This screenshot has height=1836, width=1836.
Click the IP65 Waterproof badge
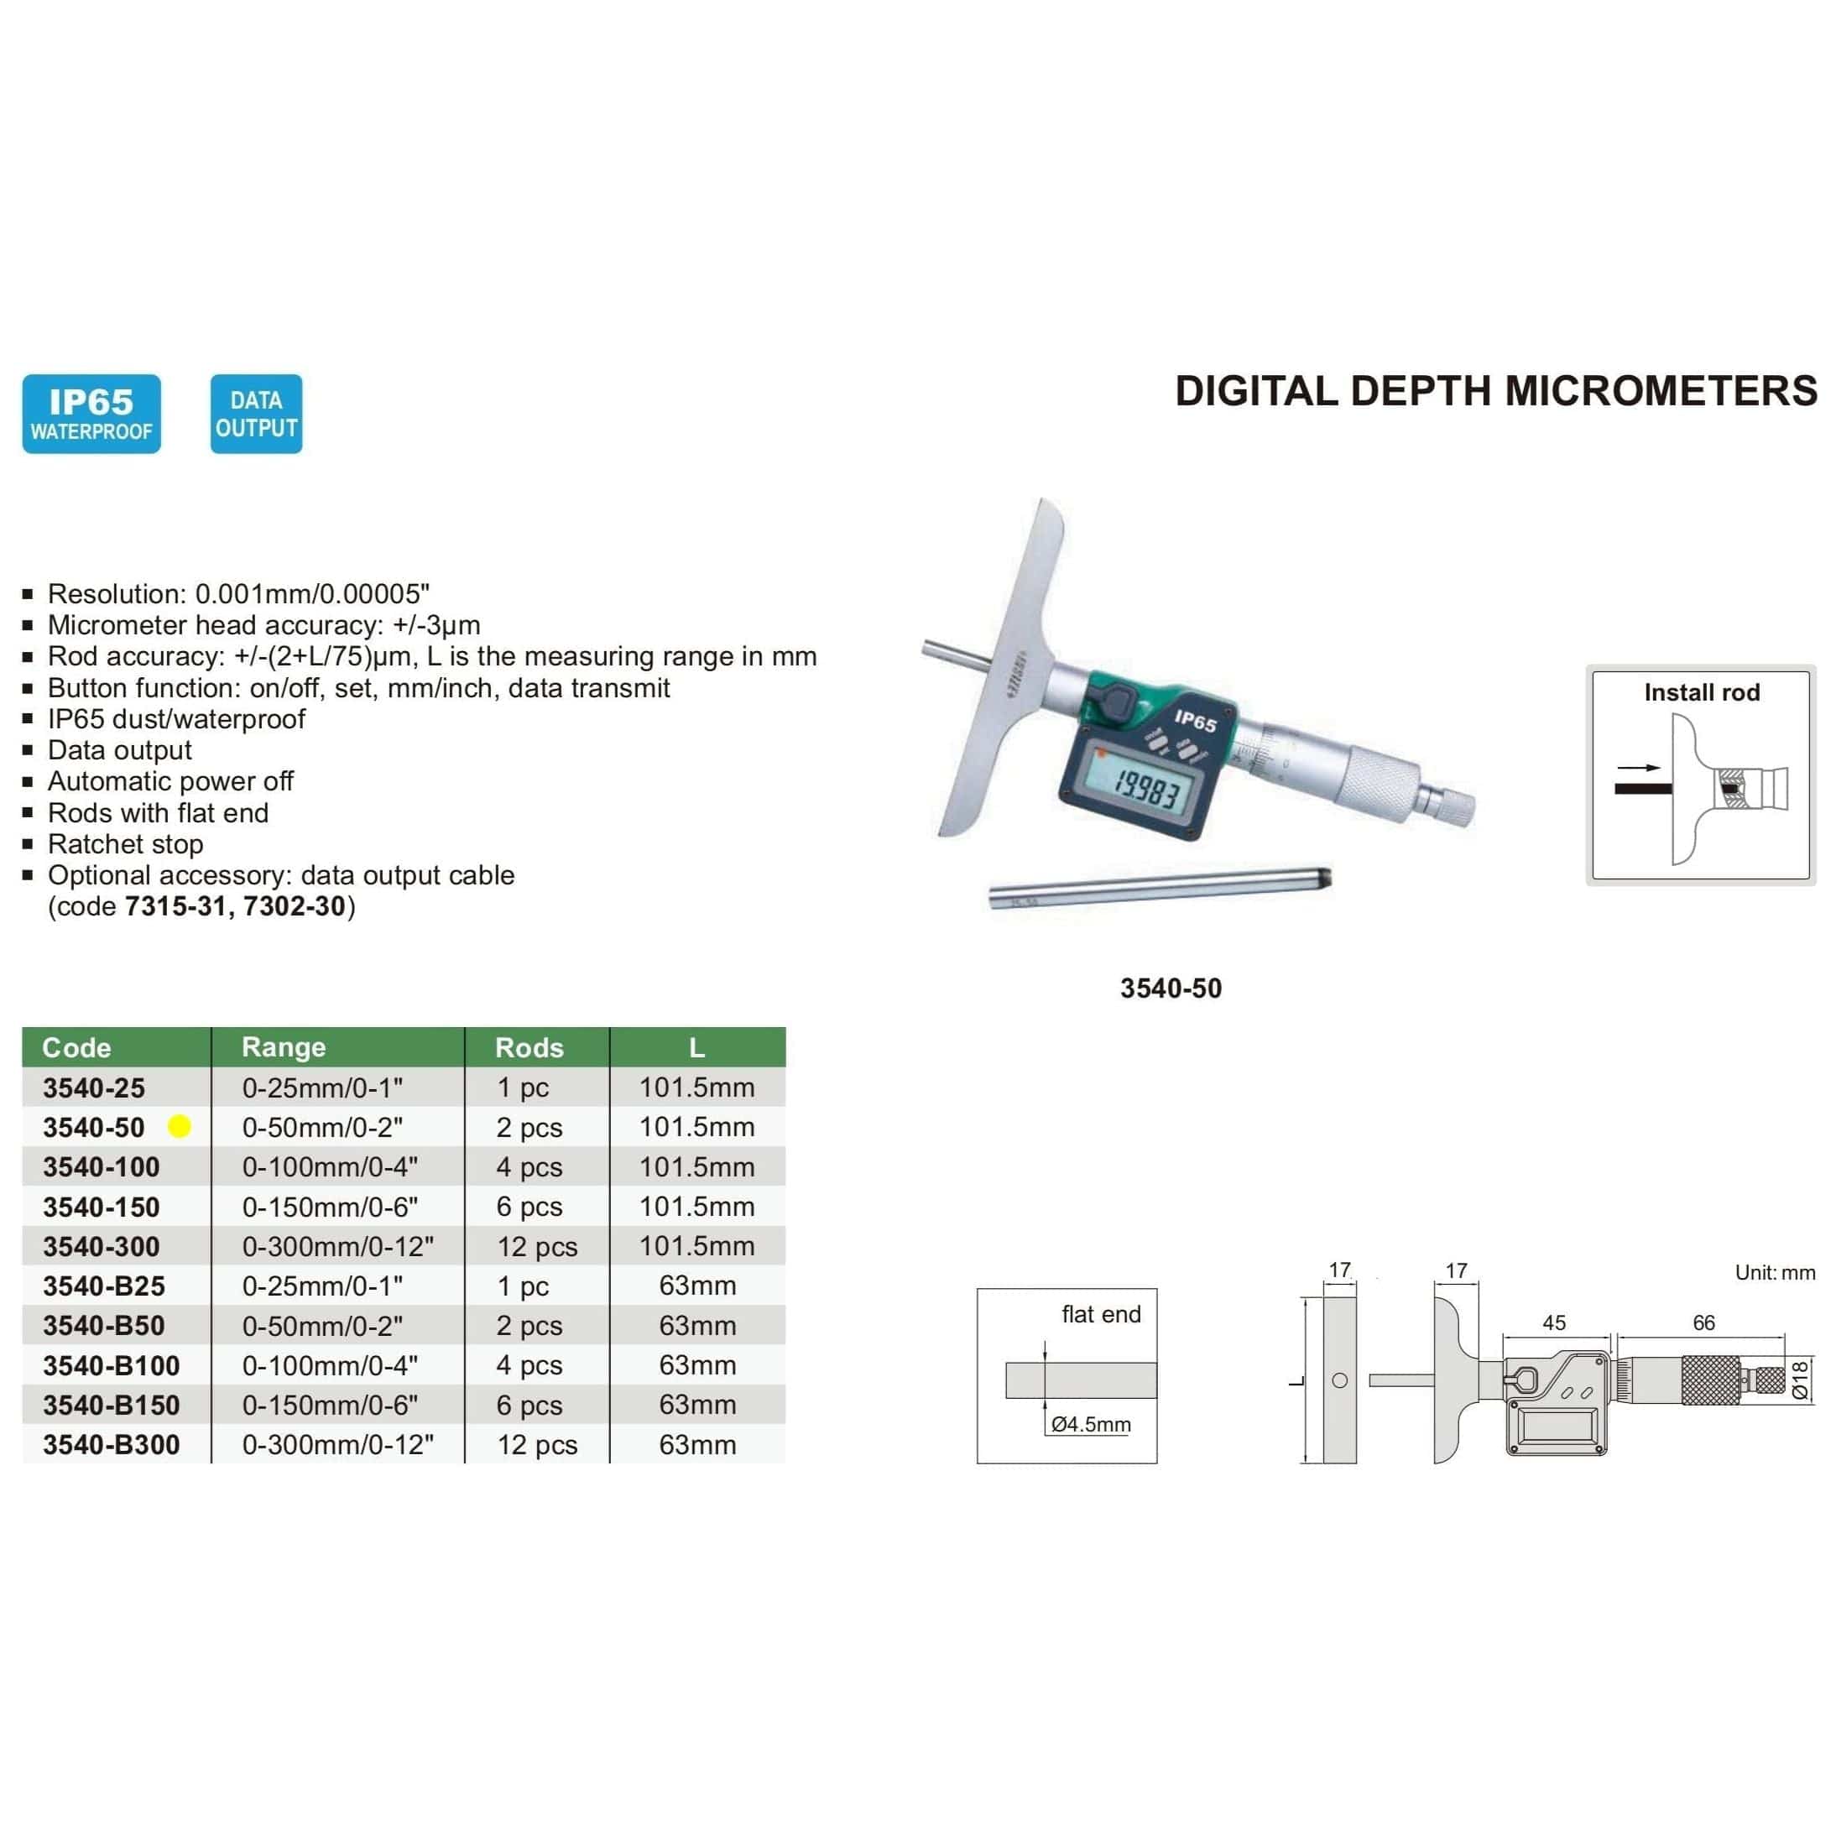pos(91,414)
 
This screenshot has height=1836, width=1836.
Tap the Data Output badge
pos(256,414)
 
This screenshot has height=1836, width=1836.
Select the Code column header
pos(77,1047)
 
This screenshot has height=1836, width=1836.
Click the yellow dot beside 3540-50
pos(179,1126)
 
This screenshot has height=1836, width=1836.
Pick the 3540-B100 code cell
pos(112,1365)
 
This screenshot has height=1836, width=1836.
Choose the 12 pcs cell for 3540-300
pos(537,1246)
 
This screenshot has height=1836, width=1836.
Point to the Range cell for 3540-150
pos(330,1207)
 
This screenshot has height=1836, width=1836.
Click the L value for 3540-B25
pos(697,1286)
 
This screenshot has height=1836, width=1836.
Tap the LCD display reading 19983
pos(1147,788)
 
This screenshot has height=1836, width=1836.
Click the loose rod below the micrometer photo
pos(1160,889)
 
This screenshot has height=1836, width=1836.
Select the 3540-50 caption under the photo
pos(1171,988)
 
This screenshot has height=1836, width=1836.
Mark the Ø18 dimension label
pos(1799,1379)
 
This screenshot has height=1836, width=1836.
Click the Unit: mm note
pos(1774,1272)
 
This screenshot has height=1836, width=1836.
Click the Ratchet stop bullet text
pos(125,844)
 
